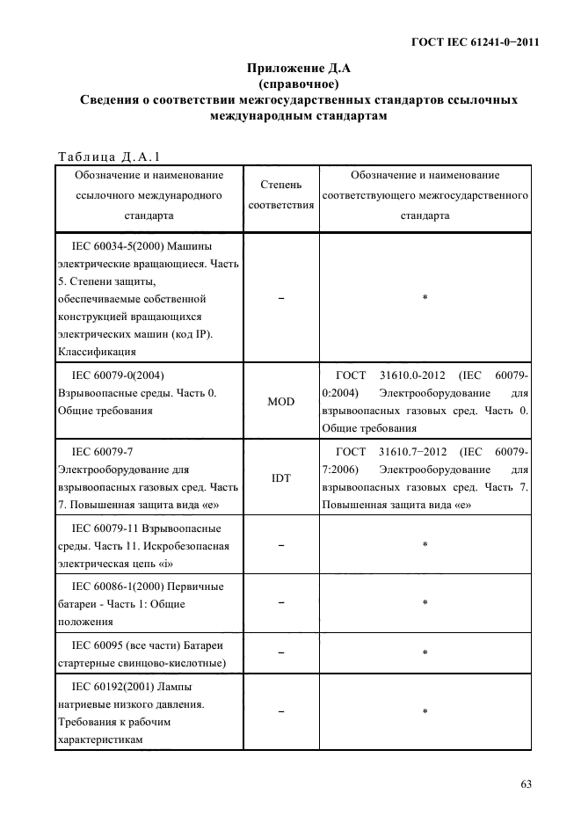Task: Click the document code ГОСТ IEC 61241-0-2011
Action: point(476,42)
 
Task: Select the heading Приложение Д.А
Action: point(299,68)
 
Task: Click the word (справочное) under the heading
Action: point(299,84)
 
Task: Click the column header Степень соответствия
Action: point(281,195)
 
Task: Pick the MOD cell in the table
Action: point(281,401)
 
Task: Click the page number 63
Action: point(526,784)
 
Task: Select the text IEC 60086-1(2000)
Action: point(115,586)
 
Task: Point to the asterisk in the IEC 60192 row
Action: point(425,712)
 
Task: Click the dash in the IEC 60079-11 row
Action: point(281,545)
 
